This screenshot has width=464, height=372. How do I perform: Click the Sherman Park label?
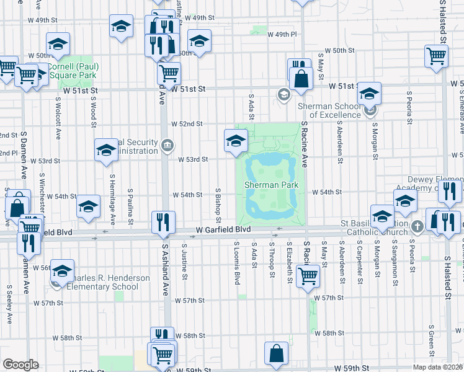click(x=271, y=185)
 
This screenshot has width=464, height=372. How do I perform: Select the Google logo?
click(x=20, y=365)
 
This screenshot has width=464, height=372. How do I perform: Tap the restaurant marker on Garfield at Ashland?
click(x=164, y=223)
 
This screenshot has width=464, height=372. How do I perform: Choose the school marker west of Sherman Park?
click(x=236, y=141)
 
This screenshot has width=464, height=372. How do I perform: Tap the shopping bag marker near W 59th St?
click(x=276, y=353)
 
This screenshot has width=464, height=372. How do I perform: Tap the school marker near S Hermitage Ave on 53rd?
click(x=106, y=150)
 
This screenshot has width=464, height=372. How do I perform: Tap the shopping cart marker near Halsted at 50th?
click(x=437, y=56)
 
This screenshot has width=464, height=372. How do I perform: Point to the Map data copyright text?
click(x=438, y=367)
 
